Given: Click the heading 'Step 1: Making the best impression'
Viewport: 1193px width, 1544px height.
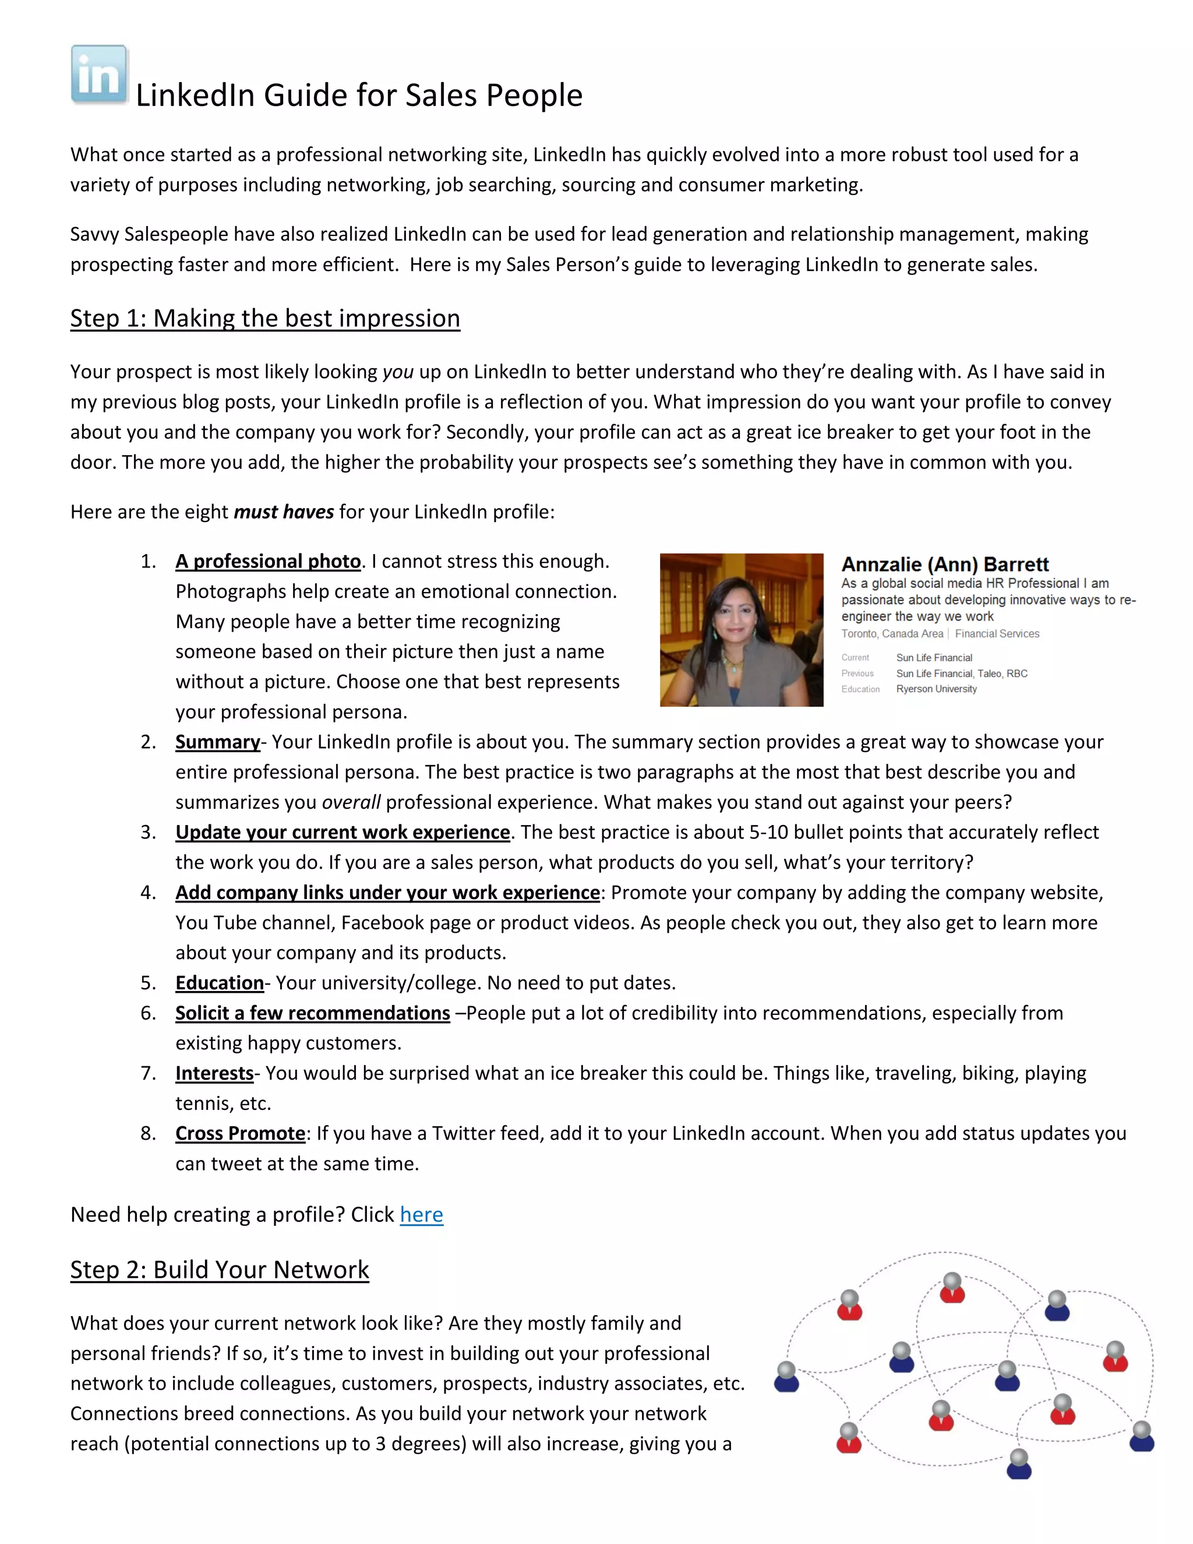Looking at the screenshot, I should tap(265, 318).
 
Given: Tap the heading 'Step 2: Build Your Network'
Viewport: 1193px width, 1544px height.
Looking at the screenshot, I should tap(219, 1270).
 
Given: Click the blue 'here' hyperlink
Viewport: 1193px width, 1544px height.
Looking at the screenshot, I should tap(421, 1215).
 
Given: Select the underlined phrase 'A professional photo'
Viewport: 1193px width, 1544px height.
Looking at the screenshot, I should tap(268, 561).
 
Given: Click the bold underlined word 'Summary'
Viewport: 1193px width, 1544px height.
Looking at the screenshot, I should tap(218, 742).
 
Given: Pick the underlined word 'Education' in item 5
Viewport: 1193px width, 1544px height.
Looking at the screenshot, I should tap(219, 983).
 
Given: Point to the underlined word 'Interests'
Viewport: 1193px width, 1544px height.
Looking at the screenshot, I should tap(214, 1073).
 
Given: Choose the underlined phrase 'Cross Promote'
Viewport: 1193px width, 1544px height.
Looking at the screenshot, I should tap(241, 1133).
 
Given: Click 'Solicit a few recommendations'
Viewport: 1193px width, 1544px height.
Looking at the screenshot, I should tap(312, 1013).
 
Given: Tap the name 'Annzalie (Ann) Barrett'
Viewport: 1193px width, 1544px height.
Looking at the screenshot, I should tap(944, 564).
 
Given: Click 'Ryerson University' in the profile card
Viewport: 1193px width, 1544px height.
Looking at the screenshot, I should tap(937, 689).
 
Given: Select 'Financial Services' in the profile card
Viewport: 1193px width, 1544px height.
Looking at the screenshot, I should tap(997, 634).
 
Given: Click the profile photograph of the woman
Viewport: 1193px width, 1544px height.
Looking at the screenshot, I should tap(742, 629).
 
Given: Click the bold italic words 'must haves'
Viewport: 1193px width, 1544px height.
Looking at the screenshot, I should tap(284, 512).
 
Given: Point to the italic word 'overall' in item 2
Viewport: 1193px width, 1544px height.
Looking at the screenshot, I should tap(351, 802).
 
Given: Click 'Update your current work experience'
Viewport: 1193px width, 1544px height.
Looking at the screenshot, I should tap(343, 833).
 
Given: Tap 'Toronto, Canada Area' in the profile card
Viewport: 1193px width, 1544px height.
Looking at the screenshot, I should tap(892, 634).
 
